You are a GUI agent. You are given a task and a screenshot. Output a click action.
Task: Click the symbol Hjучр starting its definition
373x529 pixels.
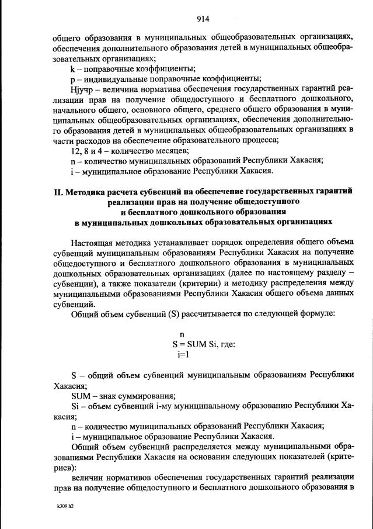point(81,90)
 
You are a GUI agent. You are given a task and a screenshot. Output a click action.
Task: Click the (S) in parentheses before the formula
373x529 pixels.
point(173,314)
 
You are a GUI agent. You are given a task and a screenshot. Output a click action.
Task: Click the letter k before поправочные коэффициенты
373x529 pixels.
point(72,68)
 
